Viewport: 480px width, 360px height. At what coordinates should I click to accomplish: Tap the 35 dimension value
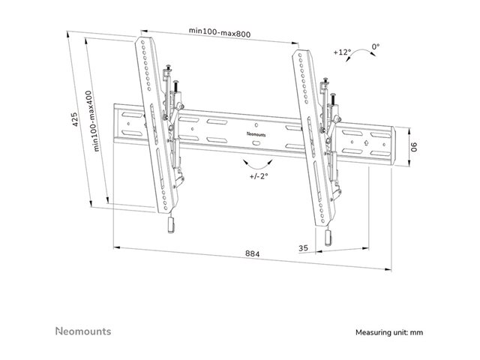(x=303, y=247)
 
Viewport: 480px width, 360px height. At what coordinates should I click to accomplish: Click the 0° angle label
(x=375, y=46)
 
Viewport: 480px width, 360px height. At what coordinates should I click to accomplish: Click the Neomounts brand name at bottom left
(x=84, y=330)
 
